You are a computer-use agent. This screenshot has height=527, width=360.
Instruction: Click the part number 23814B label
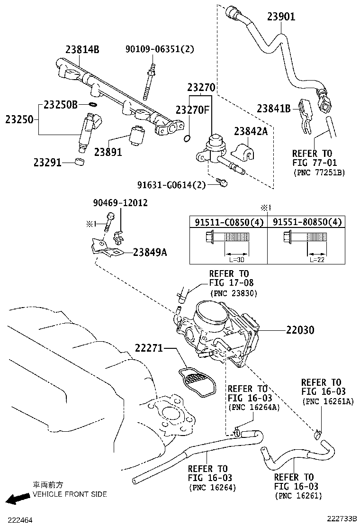pos(82,50)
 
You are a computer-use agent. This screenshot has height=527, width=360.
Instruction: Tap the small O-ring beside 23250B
pos(94,104)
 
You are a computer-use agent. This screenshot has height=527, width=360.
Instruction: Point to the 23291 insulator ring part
pos(79,161)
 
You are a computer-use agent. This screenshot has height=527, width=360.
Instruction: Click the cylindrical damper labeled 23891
pos(137,136)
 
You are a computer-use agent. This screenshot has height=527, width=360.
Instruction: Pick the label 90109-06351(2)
pos(160,49)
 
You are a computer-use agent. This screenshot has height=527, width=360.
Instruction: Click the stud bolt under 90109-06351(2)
pos(149,82)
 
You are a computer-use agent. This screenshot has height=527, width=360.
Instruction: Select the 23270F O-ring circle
pos(188,138)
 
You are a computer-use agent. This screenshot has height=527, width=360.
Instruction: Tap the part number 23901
pos(281,17)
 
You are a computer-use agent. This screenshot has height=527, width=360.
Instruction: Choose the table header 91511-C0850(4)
pos(229,222)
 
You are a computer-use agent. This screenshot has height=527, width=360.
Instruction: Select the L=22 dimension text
pos(317,259)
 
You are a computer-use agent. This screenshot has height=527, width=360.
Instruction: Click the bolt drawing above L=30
pos(227,237)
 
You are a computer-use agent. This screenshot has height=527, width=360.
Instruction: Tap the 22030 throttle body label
pos(300,330)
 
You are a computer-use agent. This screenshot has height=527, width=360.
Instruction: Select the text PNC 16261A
pos(328,401)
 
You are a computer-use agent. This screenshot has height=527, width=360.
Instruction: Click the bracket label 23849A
pos(150,252)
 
